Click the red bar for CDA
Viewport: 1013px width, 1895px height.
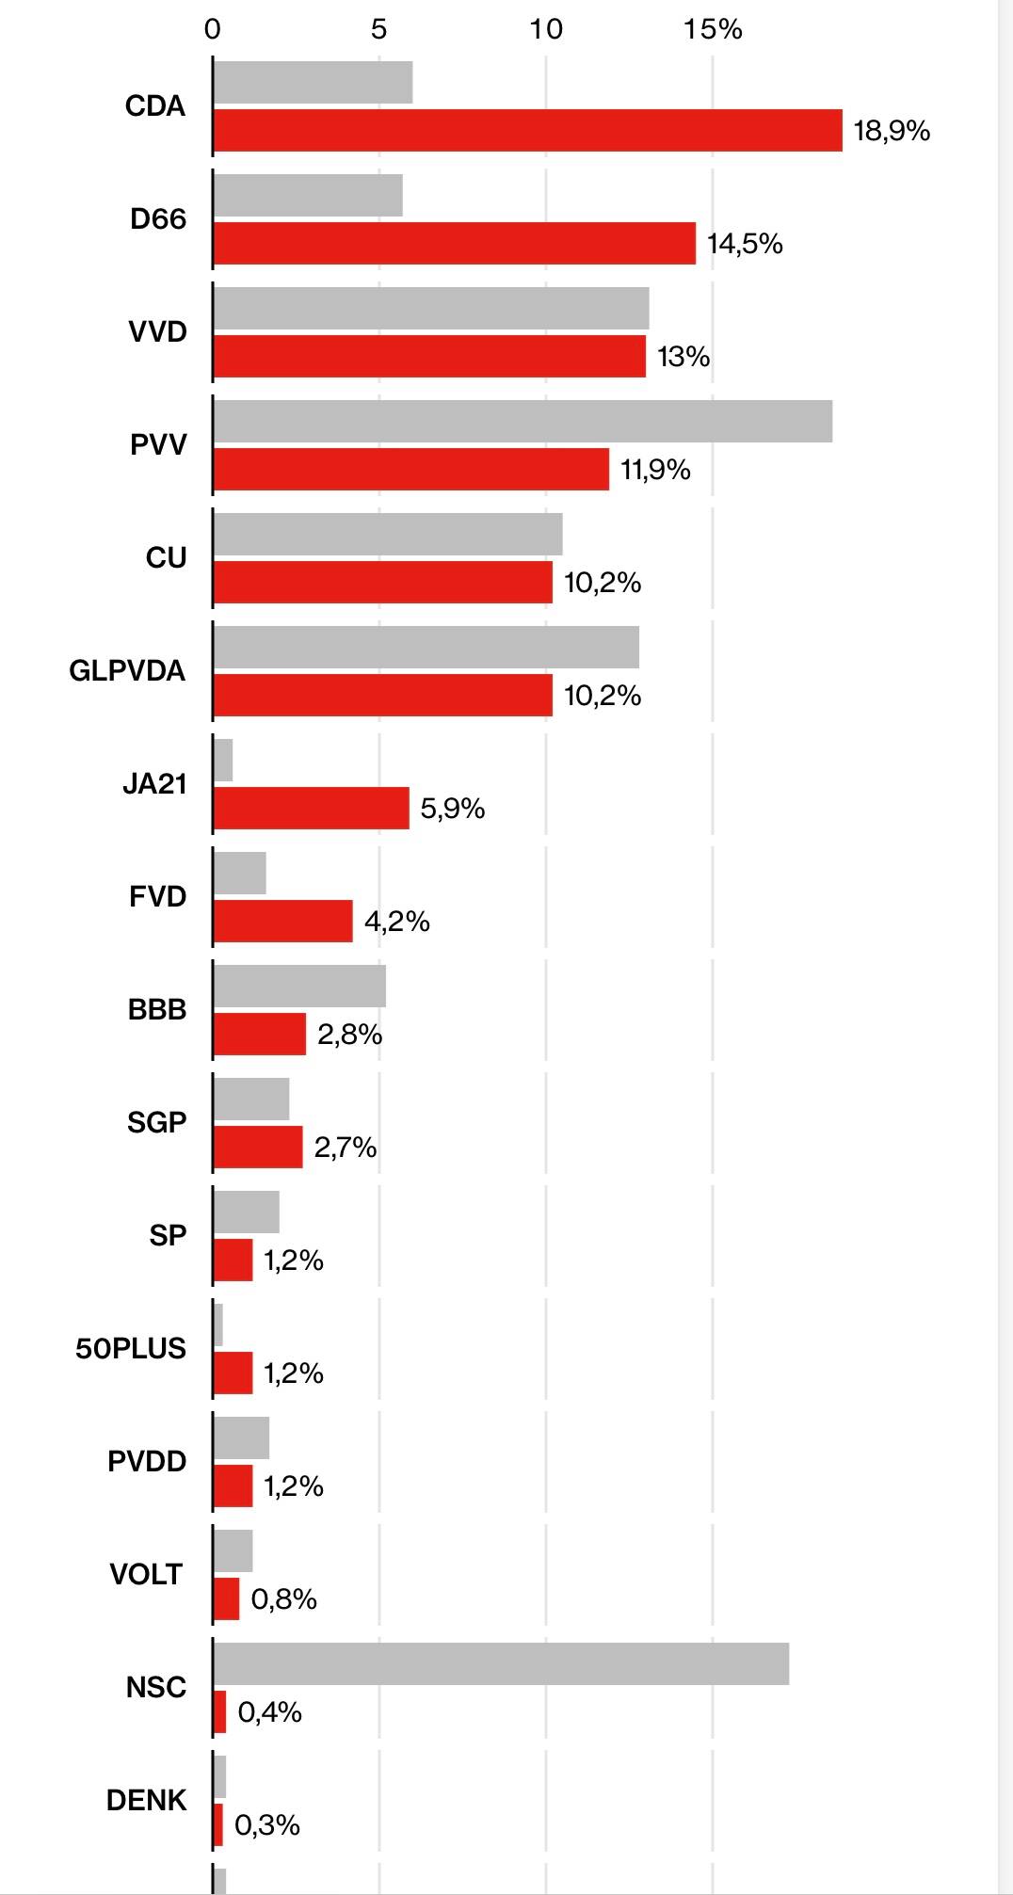tap(527, 130)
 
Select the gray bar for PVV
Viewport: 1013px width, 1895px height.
tap(523, 421)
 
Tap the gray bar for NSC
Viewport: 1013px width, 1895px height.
tap(501, 1663)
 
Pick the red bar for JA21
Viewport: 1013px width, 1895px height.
tap(311, 808)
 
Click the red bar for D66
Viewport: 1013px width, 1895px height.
tap(454, 243)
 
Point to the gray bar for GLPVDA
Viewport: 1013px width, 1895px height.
tap(426, 647)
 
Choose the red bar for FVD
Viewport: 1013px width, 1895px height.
tap(282, 921)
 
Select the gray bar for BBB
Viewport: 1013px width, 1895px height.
tap(299, 986)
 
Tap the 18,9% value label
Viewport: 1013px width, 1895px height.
tap(892, 130)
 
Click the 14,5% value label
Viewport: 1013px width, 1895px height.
tap(745, 243)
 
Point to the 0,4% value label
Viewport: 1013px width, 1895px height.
tap(269, 1711)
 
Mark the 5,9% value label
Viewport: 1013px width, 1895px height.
tap(452, 808)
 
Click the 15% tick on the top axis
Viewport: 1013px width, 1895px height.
tap(713, 29)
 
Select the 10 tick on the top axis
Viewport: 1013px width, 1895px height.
tap(546, 29)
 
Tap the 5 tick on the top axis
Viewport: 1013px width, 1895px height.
tap(378, 29)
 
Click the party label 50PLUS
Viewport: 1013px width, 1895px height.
tap(131, 1348)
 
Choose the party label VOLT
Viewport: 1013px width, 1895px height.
tap(146, 1574)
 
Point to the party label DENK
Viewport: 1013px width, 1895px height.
tap(146, 1800)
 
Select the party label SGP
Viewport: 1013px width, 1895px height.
tap(156, 1122)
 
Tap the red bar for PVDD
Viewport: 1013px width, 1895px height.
tap(233, 1485)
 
